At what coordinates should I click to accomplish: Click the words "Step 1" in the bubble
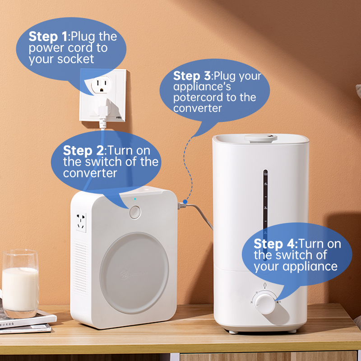pyautogui.click(x=48, y=37)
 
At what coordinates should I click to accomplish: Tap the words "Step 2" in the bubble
pyautogui.click(x=83, y=151)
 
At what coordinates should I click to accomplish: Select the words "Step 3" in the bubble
pyautogui.click(x=192, y=76)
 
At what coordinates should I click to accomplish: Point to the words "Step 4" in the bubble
pyautogui.click(x=276, y=244)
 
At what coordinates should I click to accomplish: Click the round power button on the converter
pyautogui.click(x=135, y=212)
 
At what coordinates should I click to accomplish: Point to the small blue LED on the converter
pyautogui.click(x=135, y=199)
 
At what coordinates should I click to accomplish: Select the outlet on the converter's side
pyautogui.click(x=81, y=222)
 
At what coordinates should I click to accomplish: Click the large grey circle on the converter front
pyautogui.click(x=134, y=273)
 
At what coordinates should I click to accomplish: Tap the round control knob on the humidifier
pyautogui.click(x=265, y=303)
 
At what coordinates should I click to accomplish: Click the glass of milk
pyautogui.click(x=20, y=283)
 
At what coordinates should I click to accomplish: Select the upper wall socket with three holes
pyautogui.click(x=101, y=84)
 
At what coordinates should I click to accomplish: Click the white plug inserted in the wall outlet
pyautogui.click(x=103, y=109)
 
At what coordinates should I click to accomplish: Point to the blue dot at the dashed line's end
pyautogui.click(x=185, y=202)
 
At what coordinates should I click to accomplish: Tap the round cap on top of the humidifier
pyautogui.click(x=261, y=138)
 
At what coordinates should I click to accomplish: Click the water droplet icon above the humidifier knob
pyautogui.click(x=265, y=285)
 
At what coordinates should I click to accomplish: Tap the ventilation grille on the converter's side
pyautogui.click(x=81, y=268)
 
